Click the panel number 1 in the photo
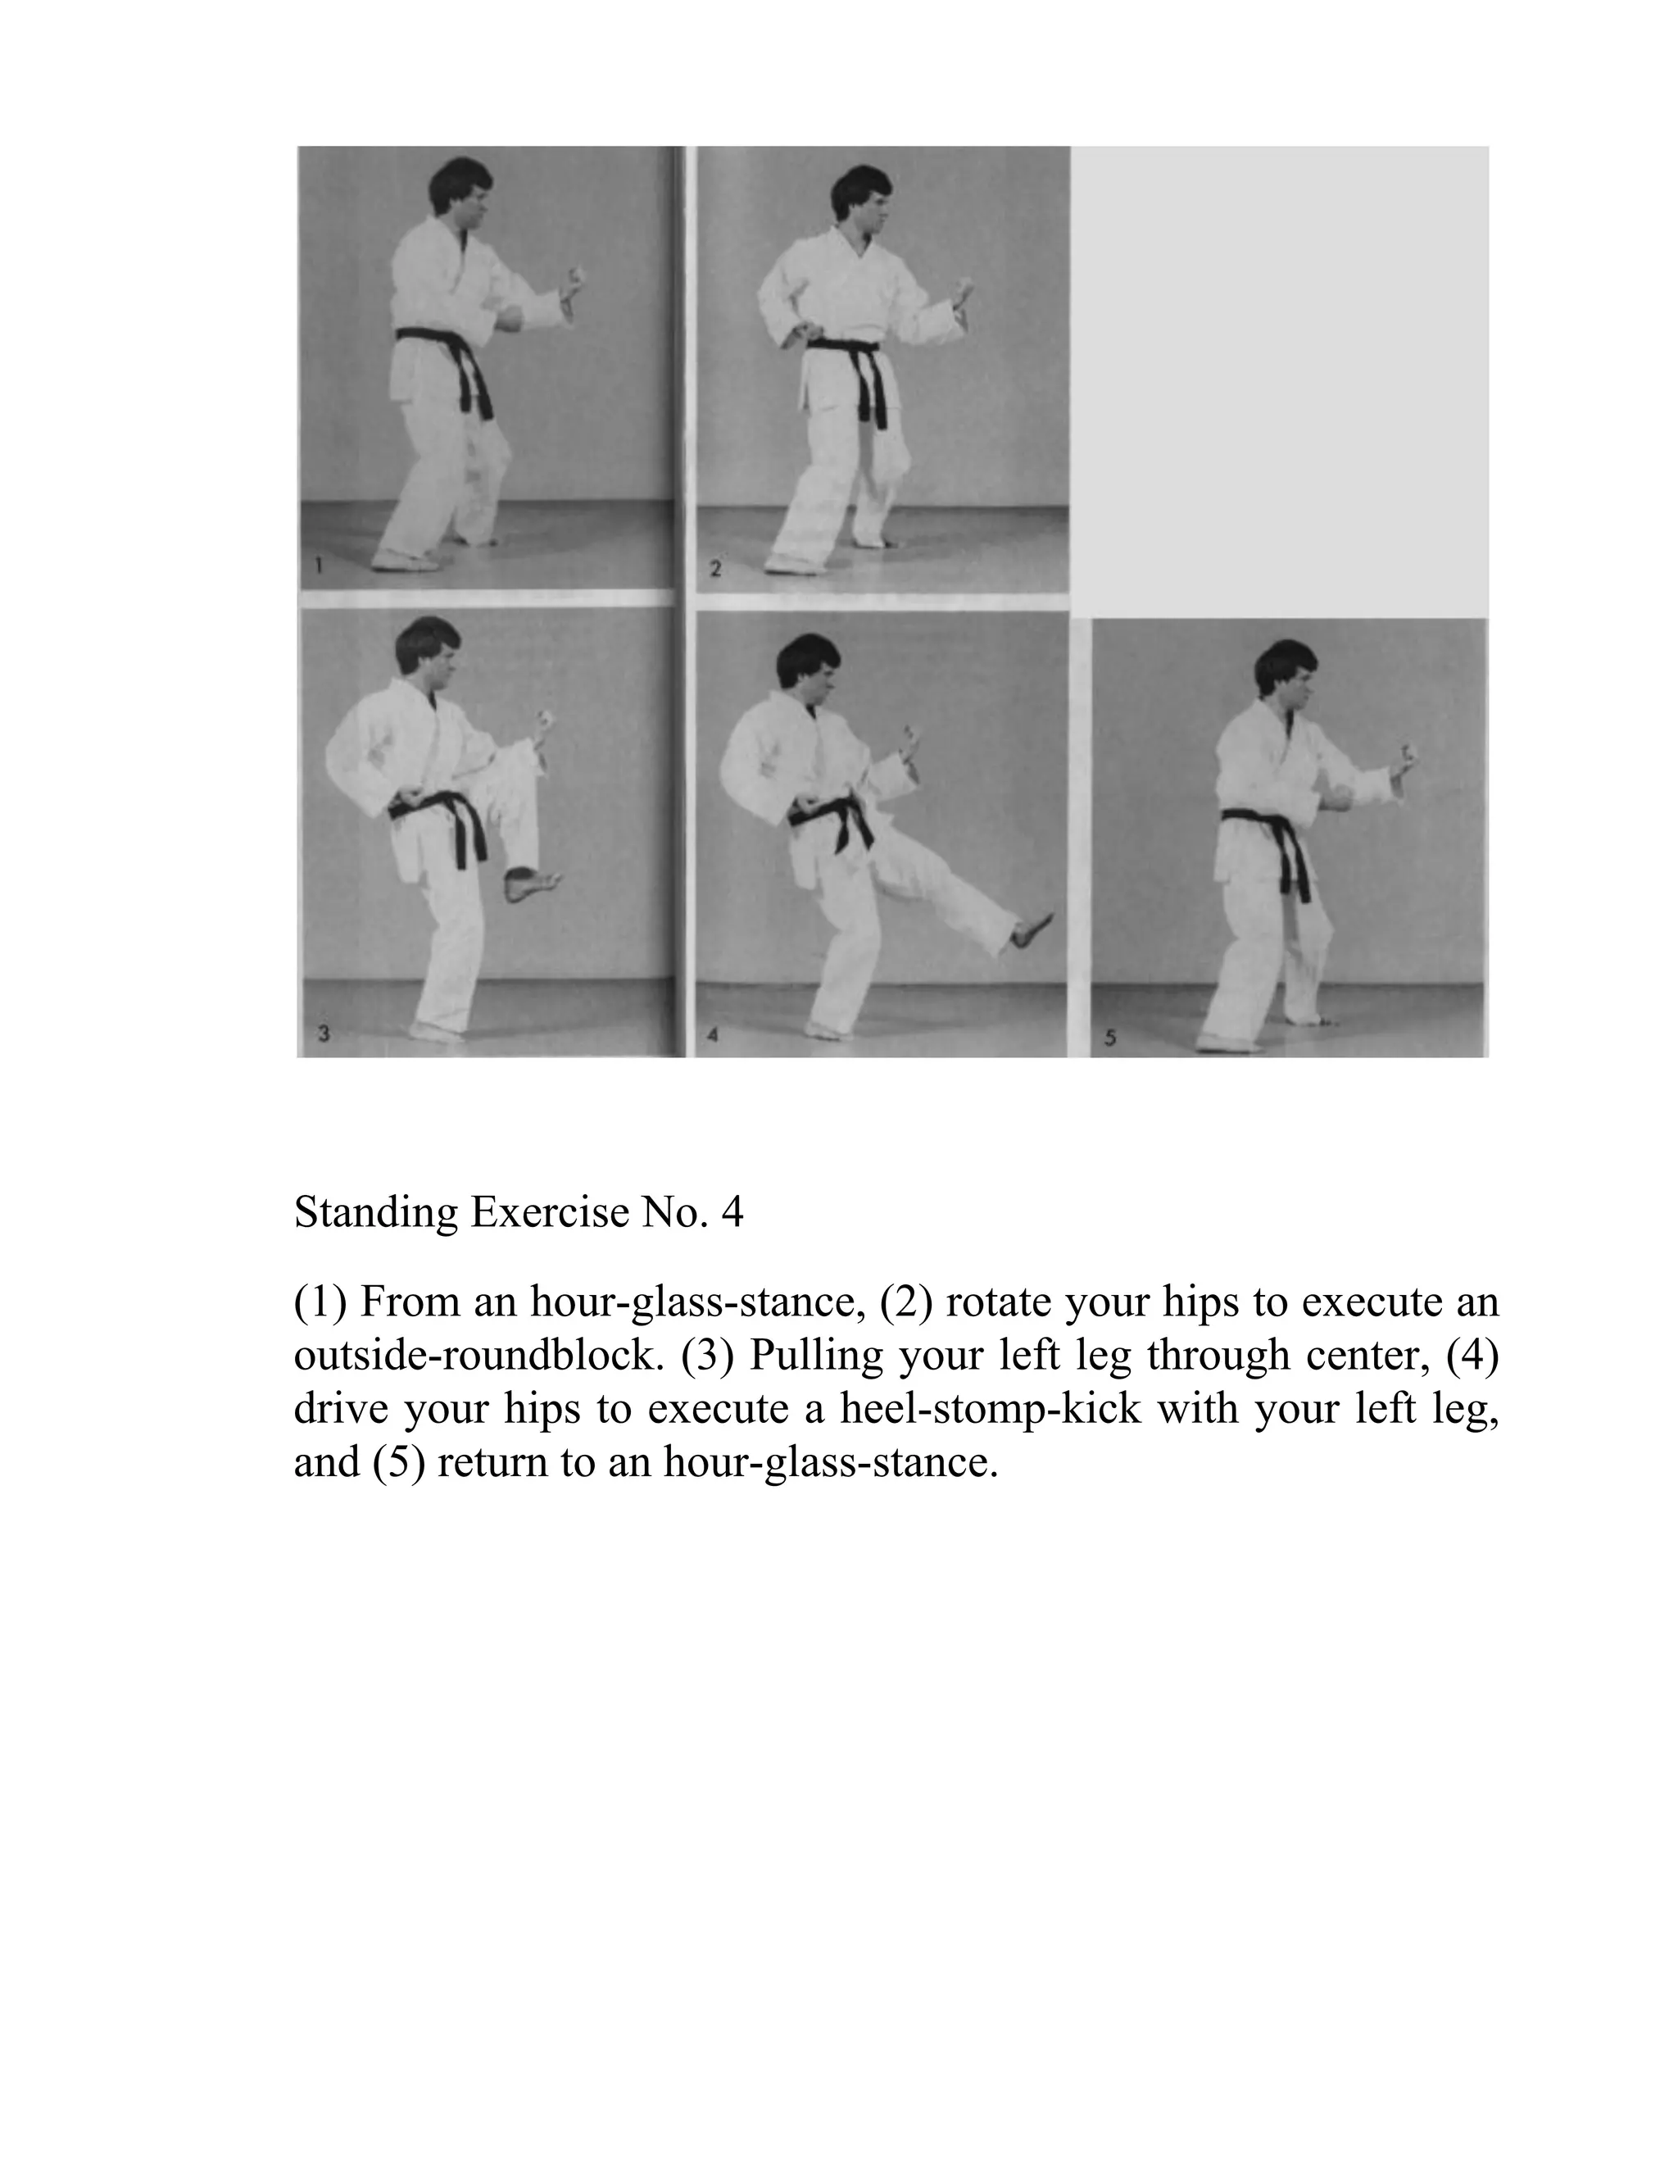click(x=318, y=567)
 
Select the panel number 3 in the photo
click(x=323, y=1035)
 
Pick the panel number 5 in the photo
click(x=1110, y=1038)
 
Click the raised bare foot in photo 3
click(x=532, y=884)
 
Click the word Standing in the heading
click(x=376, y=1213)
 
